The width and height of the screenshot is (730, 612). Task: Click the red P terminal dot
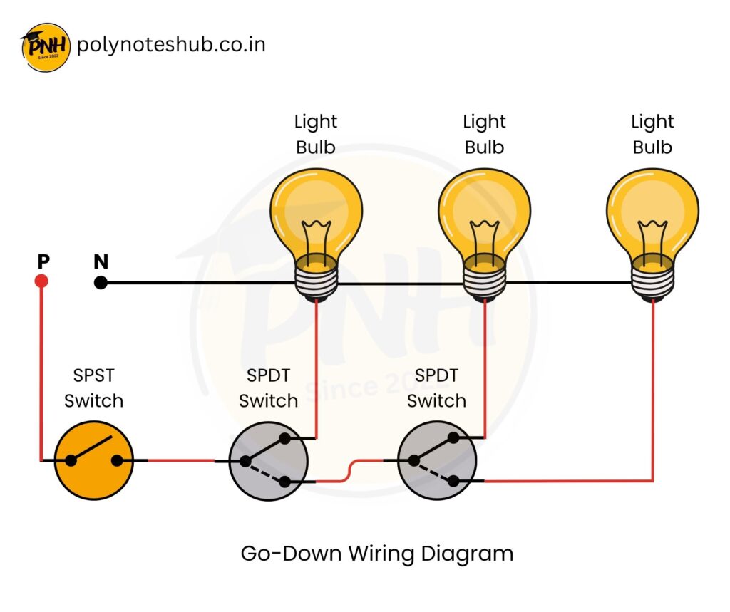tap(41, 282)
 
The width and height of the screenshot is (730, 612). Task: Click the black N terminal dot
tap(101, 283)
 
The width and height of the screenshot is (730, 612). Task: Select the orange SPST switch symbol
tap(94, 460)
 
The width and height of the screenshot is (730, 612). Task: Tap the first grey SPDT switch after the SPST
tap(267, 460)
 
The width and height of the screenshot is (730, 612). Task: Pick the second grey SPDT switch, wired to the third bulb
tap(436, 460)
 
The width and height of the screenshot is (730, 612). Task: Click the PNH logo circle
tap(46, 46)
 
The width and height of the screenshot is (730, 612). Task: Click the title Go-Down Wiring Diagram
tap(377, 554)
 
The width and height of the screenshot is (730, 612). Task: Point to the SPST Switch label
tap(94, 388)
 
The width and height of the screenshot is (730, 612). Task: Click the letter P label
tap(43, 261)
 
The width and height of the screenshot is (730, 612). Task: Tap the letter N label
tap(101, 261)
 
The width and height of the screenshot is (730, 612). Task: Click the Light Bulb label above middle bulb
tap(484, 135)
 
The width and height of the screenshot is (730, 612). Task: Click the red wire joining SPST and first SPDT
tap(181, 460)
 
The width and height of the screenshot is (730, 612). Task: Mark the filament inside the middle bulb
tap(484, 235)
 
